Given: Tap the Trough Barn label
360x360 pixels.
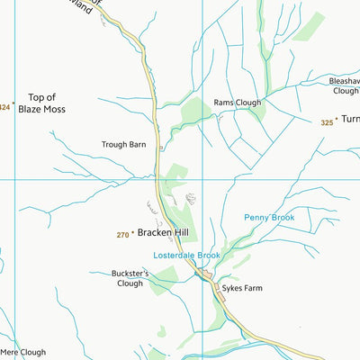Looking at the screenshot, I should [x=124, y=144].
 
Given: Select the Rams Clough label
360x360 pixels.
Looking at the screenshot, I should [x=238, y=103].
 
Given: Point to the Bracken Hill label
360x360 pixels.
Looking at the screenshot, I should [x=163, y=232].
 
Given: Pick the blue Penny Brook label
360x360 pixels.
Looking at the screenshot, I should [x=269, y=218].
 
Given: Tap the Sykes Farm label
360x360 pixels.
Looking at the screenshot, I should [x=248, y=290].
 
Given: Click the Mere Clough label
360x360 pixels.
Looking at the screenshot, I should [x=22, y=353].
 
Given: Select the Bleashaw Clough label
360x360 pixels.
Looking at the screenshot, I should [x=344, y=85].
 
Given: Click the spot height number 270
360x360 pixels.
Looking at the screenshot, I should [x=122, y=235].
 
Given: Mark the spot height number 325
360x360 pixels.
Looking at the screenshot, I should [x=326, y=121].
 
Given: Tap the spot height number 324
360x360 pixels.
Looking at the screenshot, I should [x=4, y=107].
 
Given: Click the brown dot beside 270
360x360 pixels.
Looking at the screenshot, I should [x=133, y=234].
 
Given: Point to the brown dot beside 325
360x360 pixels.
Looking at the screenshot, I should [x=337, y=121].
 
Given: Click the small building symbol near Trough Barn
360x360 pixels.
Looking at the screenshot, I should [x=160, y=148].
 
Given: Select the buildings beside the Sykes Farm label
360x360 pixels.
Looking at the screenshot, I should [x=211, y=274].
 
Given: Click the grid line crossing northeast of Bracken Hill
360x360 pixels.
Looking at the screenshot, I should [x=203, y=179].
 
